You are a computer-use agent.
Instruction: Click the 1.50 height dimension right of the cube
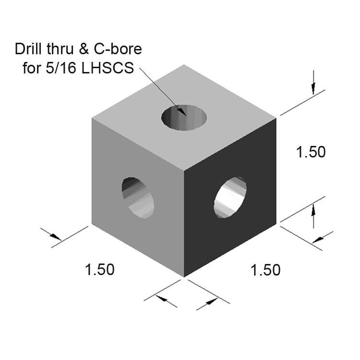311,152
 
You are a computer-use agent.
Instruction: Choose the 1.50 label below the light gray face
99,269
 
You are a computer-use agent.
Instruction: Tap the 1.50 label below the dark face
265,270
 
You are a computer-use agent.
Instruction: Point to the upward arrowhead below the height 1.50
313,209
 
